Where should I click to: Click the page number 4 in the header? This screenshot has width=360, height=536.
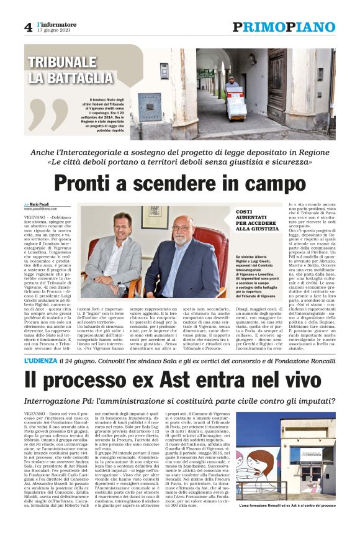coord(28,27)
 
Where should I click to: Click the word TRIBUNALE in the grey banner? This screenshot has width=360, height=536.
coord(62,63)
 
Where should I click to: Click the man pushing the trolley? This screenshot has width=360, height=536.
coord(232,87)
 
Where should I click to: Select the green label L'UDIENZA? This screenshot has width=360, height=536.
coord(44,360)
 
